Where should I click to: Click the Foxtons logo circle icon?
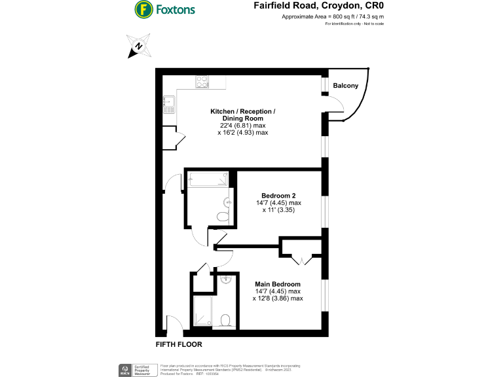(x=143, y=9)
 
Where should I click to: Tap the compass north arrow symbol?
(x=138, y=46)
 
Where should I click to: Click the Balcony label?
(x=345, y=86)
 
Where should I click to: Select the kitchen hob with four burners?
(x=202, y=82)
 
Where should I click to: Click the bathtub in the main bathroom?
(x=207, y=179)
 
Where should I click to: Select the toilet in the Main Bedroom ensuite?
(x=225, y=320)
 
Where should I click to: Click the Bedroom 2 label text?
(x=278, y=196)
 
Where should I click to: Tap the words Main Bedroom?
(x=278, y=283)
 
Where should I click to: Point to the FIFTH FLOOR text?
(x=178, y=344)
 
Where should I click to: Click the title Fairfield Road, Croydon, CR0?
(x=318, y=5)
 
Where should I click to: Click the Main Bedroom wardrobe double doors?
(x=303, y=260)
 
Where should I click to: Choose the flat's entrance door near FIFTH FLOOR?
(x=174, y=323)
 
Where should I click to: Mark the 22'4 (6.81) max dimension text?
(x=242, y=125)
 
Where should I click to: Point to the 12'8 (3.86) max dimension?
(x=277, y=298)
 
